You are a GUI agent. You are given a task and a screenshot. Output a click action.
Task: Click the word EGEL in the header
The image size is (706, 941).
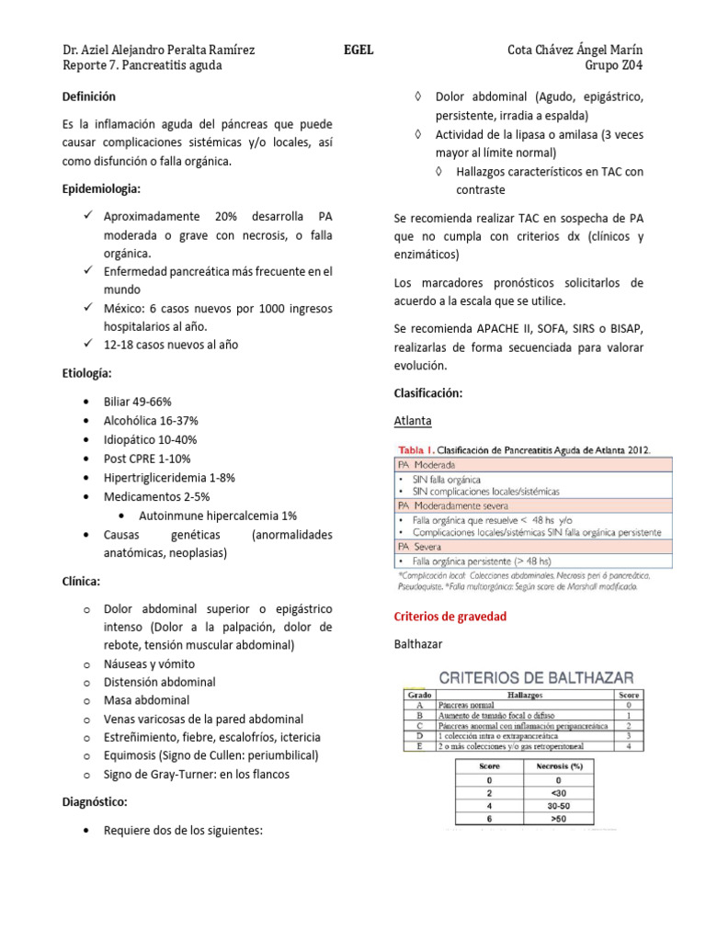[359, 50]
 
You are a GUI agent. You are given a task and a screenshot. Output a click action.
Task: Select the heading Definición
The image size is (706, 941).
[89, 96]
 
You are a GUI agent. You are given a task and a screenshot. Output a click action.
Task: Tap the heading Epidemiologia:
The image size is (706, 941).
[101, 188]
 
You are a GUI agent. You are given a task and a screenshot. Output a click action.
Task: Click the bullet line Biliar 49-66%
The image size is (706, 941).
[138, 402]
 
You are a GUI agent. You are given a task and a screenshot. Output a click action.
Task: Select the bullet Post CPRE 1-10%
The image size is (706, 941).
[147, 459]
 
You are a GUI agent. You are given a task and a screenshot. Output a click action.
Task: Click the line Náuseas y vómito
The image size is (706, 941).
[149, 663]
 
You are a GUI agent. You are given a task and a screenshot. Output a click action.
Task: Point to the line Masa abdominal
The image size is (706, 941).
[146, 700]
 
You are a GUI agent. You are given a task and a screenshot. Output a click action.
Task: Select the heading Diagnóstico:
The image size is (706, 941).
[94, 802]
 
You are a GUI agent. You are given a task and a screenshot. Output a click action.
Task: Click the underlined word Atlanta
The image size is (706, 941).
[413, 420]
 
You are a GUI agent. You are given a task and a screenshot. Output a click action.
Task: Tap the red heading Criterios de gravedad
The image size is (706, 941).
[450, 616]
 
